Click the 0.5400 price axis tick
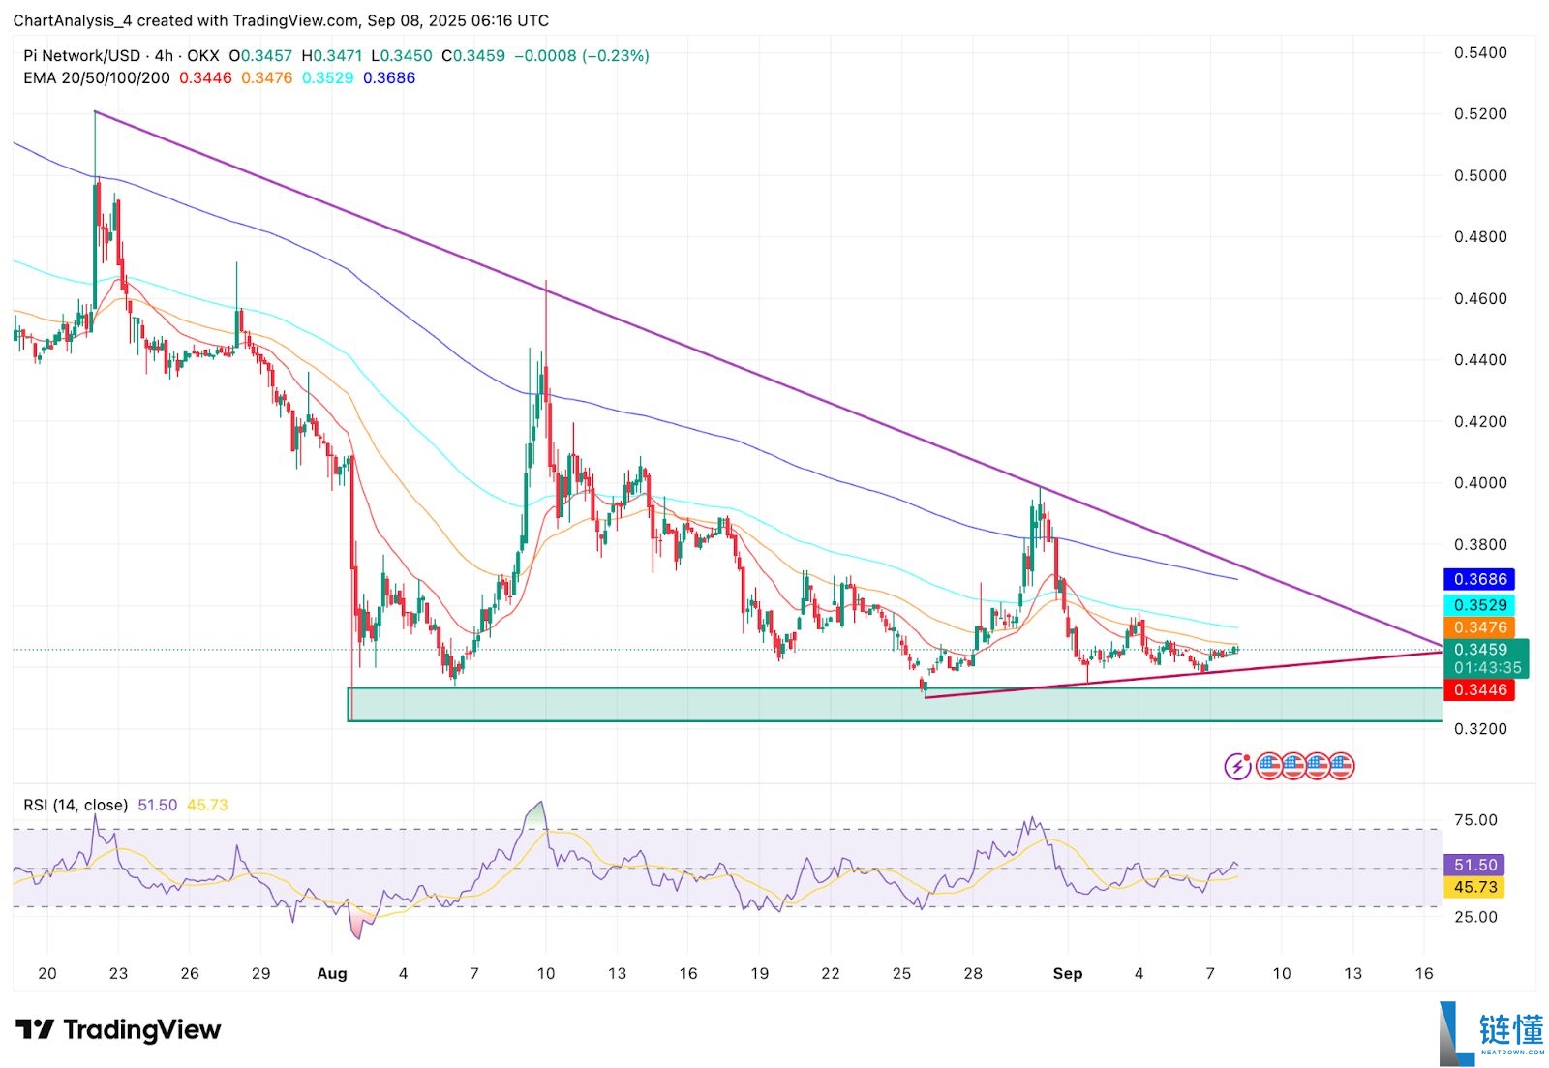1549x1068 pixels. (x=1479, y=52)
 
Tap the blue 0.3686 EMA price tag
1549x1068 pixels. (x=1480, y=579)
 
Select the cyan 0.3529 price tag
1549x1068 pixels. (x=1480, y=605)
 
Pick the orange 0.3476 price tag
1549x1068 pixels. (x=1480, y=627)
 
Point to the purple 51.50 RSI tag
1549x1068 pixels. (x=1475, y=865)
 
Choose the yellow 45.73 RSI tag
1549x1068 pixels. (x=1475, y=887)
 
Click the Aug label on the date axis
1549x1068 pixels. (x=332, y=973)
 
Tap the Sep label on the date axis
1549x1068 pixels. (x=1067, y=973)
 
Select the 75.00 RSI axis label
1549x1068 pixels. (x=1475, y=820)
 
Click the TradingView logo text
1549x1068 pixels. (x=141, y=1030)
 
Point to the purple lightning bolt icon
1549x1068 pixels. (x=1237, y=767)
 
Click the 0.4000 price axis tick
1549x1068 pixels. (x=1479, y=483)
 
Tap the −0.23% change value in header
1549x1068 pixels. (x=615, y=56)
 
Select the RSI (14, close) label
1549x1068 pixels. (x=76, y=805)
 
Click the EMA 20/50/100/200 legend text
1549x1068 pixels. (x=97, y=78)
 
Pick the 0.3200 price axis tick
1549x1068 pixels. (x=1479, y=729)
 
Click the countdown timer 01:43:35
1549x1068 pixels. (x=1487, y=668)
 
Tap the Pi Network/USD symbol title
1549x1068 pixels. (x=81, y=56)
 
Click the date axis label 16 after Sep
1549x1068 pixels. (x=1423, y=973)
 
